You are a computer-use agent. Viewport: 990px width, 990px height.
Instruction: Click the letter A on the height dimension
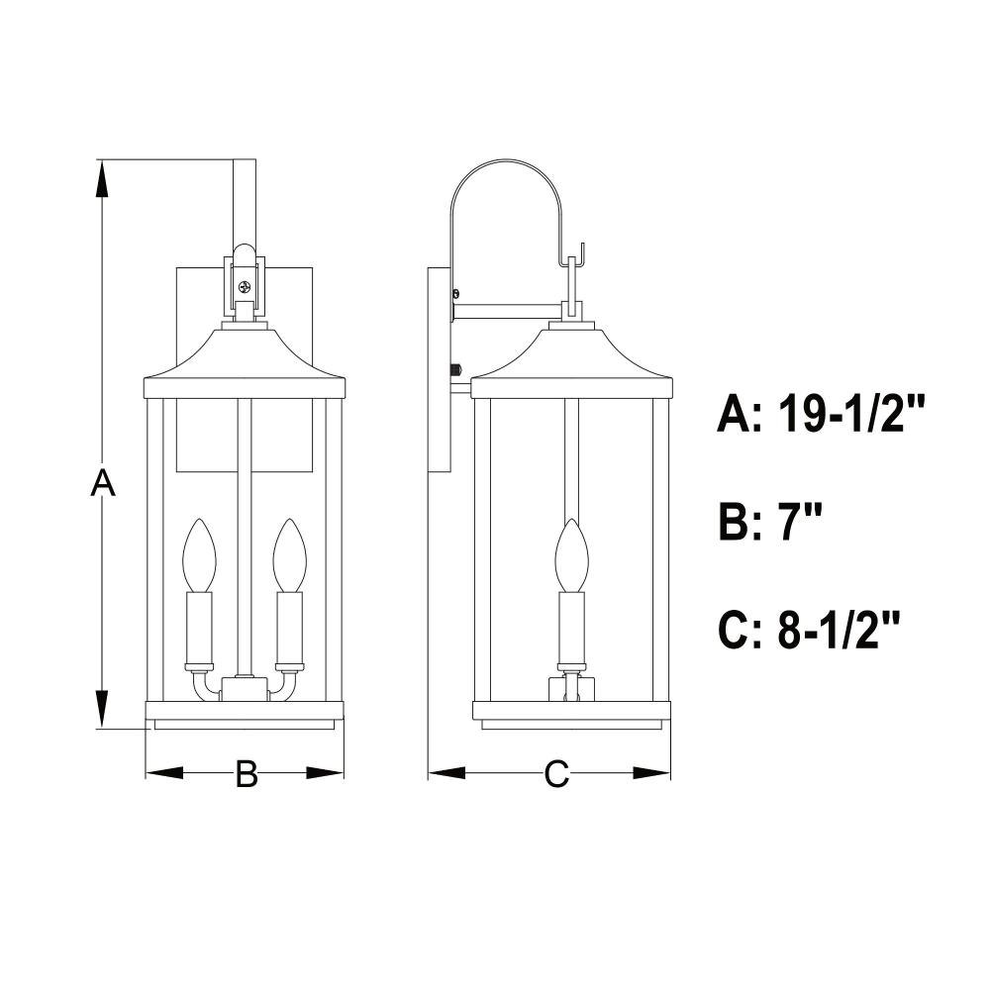tap(103, 483)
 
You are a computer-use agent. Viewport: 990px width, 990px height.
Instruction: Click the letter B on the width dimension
tap(247, 773)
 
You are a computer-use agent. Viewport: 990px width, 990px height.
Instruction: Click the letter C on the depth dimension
tap(556, 773)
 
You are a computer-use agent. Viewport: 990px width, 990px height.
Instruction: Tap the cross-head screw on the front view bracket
tap(245, 288)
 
